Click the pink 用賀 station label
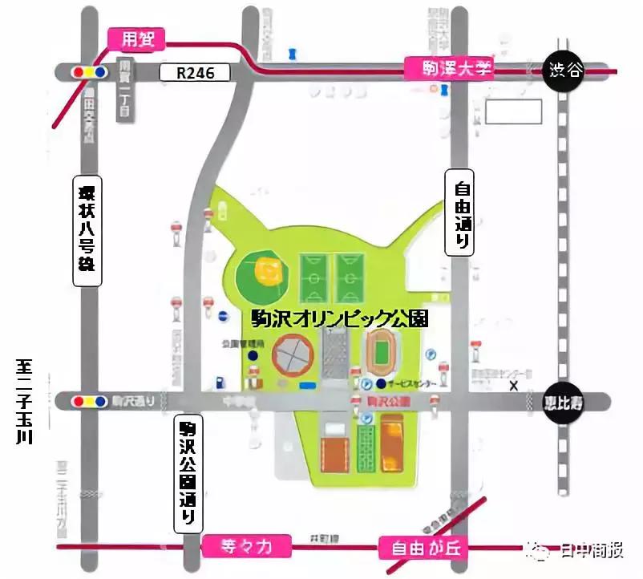135,38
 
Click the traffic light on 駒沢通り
88,400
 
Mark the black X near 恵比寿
514,385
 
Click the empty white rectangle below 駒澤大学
509,111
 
